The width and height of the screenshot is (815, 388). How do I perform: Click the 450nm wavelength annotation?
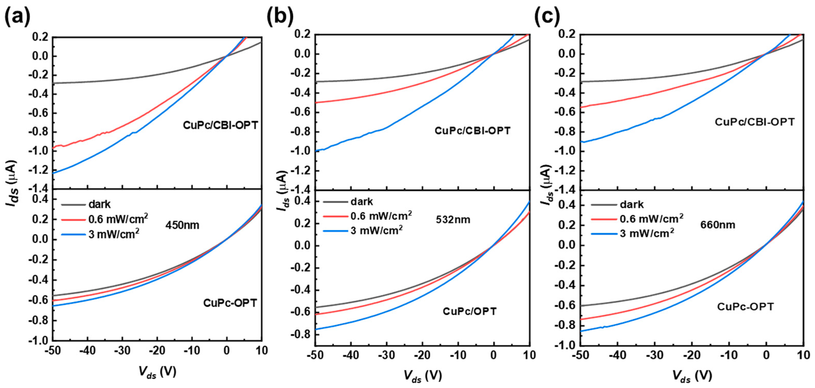(x=182, y=225)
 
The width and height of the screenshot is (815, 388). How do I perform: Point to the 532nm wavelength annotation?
(x=453, y=219)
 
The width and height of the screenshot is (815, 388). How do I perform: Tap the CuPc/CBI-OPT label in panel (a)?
(x=220, y=125)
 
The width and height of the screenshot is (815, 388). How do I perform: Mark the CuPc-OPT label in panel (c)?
(x=745, y=306)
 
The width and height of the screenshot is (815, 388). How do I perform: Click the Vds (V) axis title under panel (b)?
(x=422, y=376)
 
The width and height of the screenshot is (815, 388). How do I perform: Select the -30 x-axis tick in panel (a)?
(x=122, y=350)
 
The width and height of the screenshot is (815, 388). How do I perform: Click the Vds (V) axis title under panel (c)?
(x=692, y=376)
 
